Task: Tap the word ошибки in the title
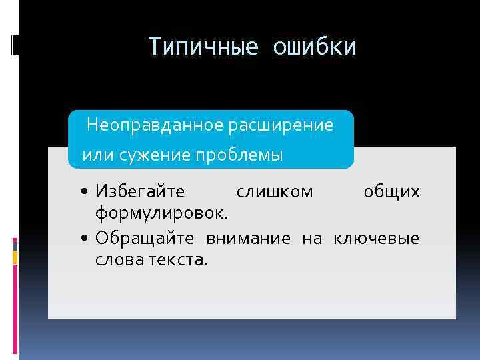click(314, 47)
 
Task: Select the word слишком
click(275, 192)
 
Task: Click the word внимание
click(248, 237)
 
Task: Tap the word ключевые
click(376, 237)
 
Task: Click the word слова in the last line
click(117, 259)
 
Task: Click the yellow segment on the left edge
click(16, 255)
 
